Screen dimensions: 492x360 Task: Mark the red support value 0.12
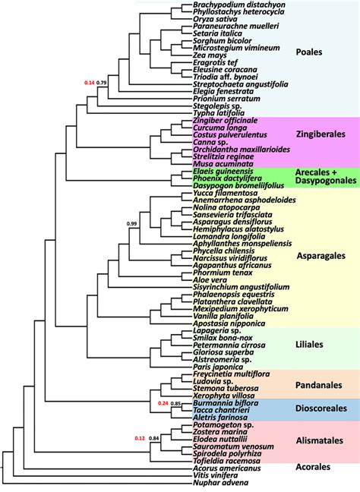139,438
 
